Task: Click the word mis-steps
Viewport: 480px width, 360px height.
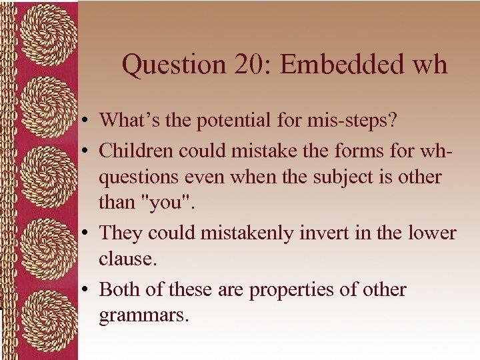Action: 361,121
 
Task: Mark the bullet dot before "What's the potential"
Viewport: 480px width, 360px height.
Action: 88,122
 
